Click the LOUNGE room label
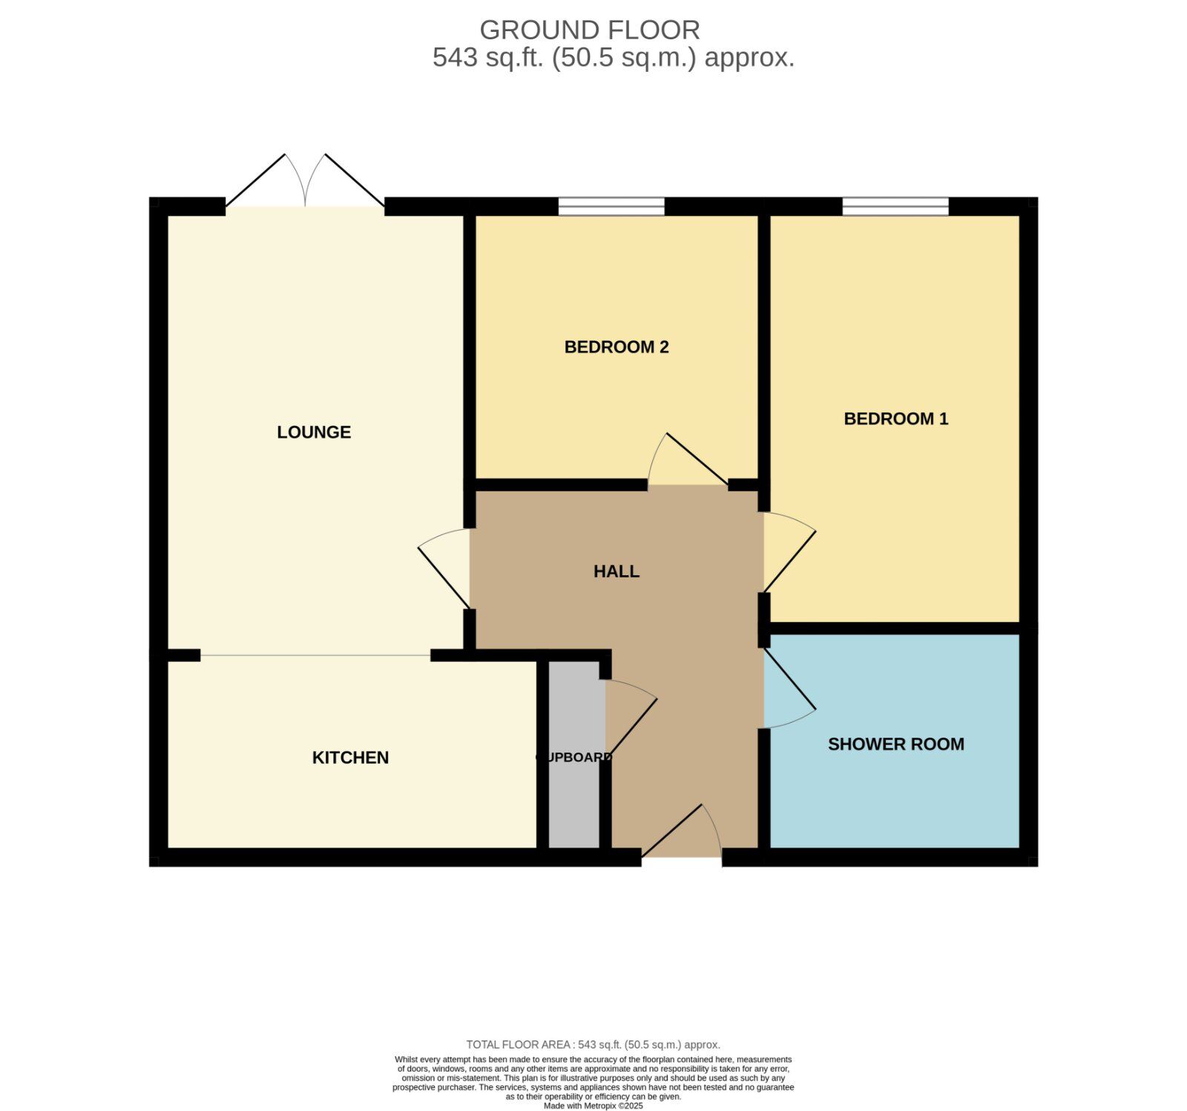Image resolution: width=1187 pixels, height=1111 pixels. click(314, 432)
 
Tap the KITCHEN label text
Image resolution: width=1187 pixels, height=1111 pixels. click(350, 758)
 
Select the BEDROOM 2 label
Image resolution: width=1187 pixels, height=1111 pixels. click(616, 347)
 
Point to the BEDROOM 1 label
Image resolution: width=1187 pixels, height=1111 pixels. click(895, 419)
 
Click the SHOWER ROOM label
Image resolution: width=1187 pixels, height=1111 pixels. click(895, 744)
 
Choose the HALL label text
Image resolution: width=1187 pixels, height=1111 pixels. click(616, 571)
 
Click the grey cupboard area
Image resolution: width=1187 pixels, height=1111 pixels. click(573, 712)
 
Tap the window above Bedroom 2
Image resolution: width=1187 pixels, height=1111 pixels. click(611, 206)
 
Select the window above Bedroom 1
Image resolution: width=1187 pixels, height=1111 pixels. click(895, 206)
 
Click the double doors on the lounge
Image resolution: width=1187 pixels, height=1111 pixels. click(305, 182)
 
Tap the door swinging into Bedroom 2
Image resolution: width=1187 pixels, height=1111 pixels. click(686, 460)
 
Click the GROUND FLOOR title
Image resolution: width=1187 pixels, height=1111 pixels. click(590, 30)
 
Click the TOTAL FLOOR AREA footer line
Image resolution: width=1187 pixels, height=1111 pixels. click(593, 1044)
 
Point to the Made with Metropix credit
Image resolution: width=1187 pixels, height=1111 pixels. click(593, 1106)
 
